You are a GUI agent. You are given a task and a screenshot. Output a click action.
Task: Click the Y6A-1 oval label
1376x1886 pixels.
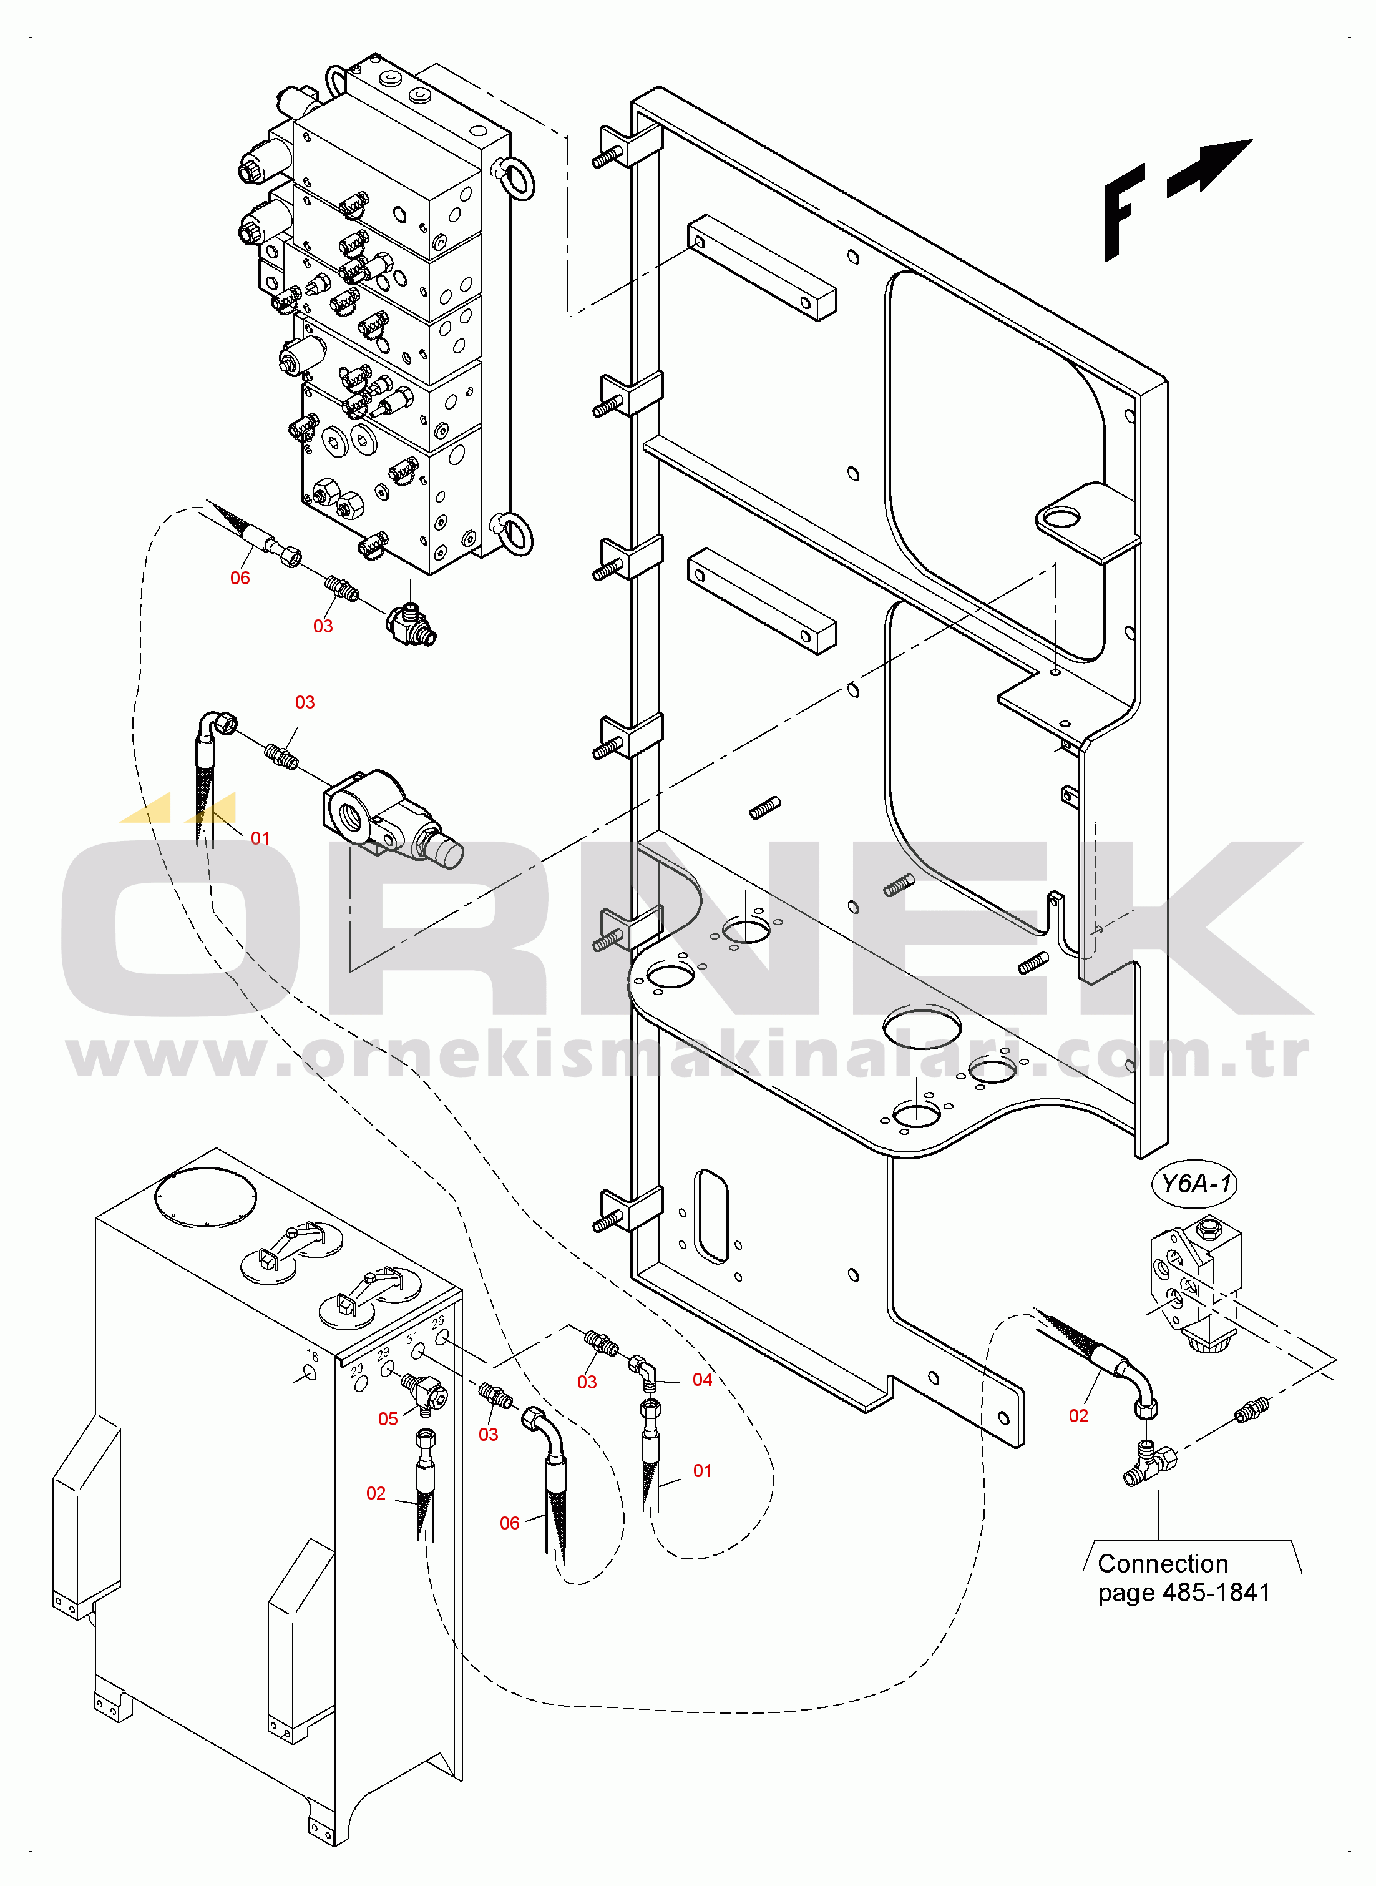[1194, 1183]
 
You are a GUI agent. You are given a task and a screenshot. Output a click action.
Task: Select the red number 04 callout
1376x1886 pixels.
[702, 1380]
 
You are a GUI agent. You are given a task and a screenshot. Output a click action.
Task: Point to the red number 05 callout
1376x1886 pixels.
[388, 1418]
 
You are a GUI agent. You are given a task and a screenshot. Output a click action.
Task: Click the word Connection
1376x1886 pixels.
[1163, 1564]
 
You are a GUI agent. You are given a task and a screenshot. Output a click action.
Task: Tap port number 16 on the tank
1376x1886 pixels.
[313, 1355]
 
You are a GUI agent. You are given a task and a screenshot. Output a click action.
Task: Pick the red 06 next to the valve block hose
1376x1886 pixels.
[240, 578]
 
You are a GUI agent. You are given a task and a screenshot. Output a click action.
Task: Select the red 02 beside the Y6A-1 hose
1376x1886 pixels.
[1078, 1416]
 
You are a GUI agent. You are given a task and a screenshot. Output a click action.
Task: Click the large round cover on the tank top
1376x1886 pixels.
[206, 1197]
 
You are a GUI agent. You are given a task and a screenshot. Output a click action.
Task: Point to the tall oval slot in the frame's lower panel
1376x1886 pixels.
[711, 1216]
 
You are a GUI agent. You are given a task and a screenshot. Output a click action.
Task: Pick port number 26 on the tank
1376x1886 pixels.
[438, 1321]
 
